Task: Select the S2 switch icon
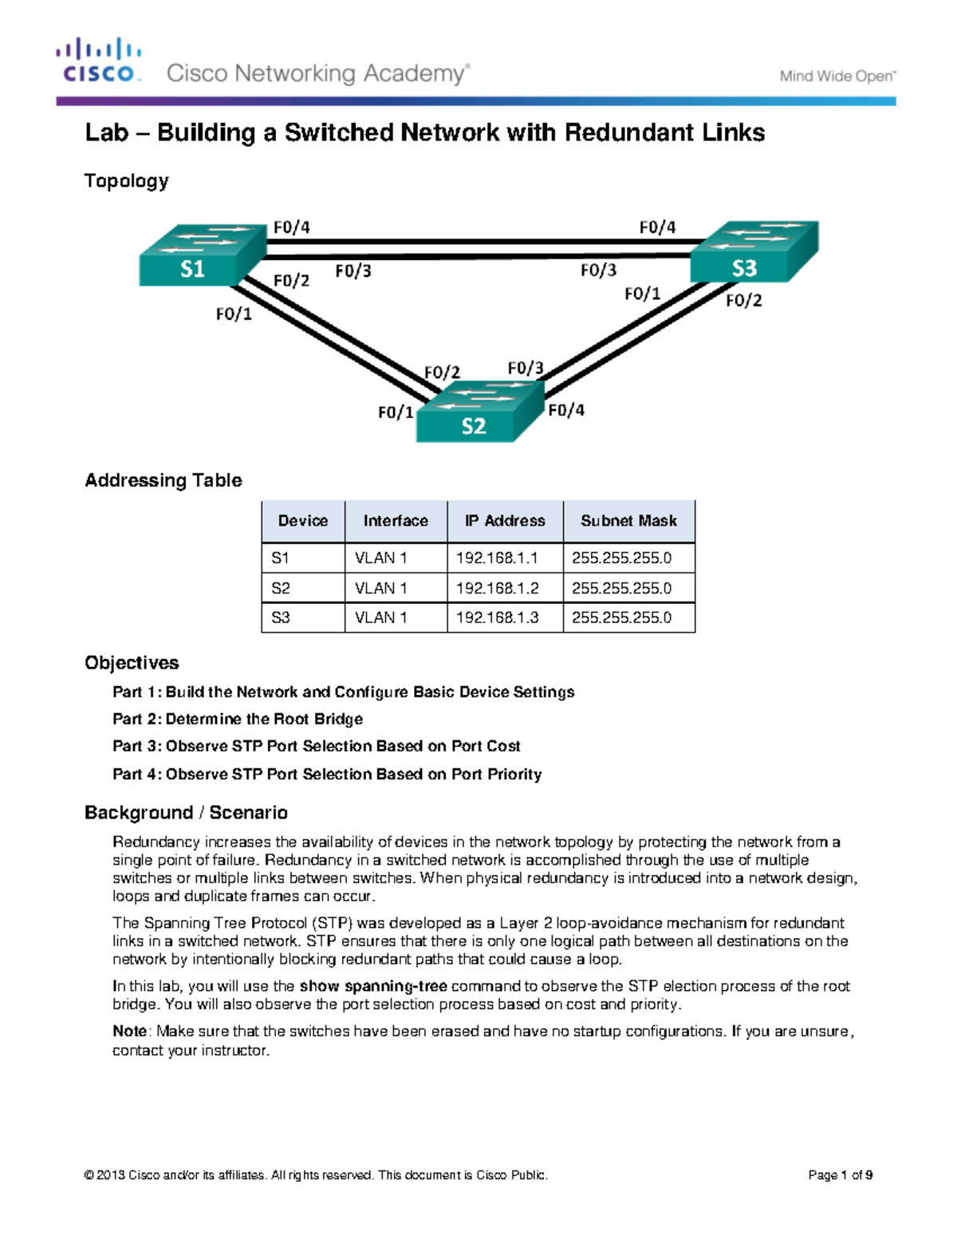pos(479,412)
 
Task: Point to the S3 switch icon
pos(753,251)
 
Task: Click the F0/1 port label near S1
pos(234,314)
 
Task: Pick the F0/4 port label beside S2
pos(566,410)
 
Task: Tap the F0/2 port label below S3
pos(743,300)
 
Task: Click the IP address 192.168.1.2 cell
pos(498,588)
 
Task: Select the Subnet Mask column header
pos(628,521)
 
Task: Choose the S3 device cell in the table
pos(281,618)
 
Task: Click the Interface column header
pos(396,521)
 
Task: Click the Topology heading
pos(126,181)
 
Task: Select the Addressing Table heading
pos(163,480)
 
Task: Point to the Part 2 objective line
pos(238,719)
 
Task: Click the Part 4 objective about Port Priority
pos(327,774)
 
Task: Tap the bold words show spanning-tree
pos(372,986)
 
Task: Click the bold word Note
pos(129,1031)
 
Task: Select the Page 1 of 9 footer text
pos(840,1174)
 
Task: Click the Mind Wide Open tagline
pos(837,77)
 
